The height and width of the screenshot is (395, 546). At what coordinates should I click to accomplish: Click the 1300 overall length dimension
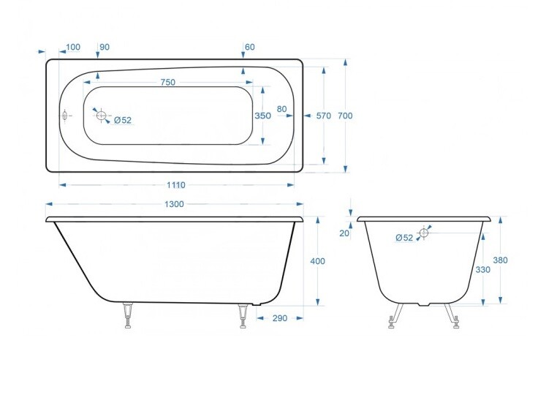[x=174, y=204]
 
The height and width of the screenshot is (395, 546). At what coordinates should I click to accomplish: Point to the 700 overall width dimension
[x=346, y=116]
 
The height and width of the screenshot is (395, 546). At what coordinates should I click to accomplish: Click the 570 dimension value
[x=323, y=116]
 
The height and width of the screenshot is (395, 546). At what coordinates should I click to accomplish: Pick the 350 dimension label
[x=262, y=116]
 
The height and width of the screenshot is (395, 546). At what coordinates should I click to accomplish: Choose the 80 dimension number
[x=281, y=110]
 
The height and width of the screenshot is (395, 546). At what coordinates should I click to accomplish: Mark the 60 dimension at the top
[x=250, y=47]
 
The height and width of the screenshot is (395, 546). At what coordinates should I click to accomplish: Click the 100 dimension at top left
[x=73, y=47]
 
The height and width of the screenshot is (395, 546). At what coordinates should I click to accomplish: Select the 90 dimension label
[x=105, y=47]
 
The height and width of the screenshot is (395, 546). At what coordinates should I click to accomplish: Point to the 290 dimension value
[x=278, y=318]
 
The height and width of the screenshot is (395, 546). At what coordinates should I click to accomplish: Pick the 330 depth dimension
[x=482, y=269]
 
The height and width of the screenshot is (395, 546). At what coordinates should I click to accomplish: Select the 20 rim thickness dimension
[x=345, y=233]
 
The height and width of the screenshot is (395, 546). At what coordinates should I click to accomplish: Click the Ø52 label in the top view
[x=122, y=120]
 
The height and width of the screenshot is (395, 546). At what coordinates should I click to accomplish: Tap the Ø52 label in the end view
[x=403, y=237]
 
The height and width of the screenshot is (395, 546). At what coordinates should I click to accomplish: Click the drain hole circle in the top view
[x=100, y=115]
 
